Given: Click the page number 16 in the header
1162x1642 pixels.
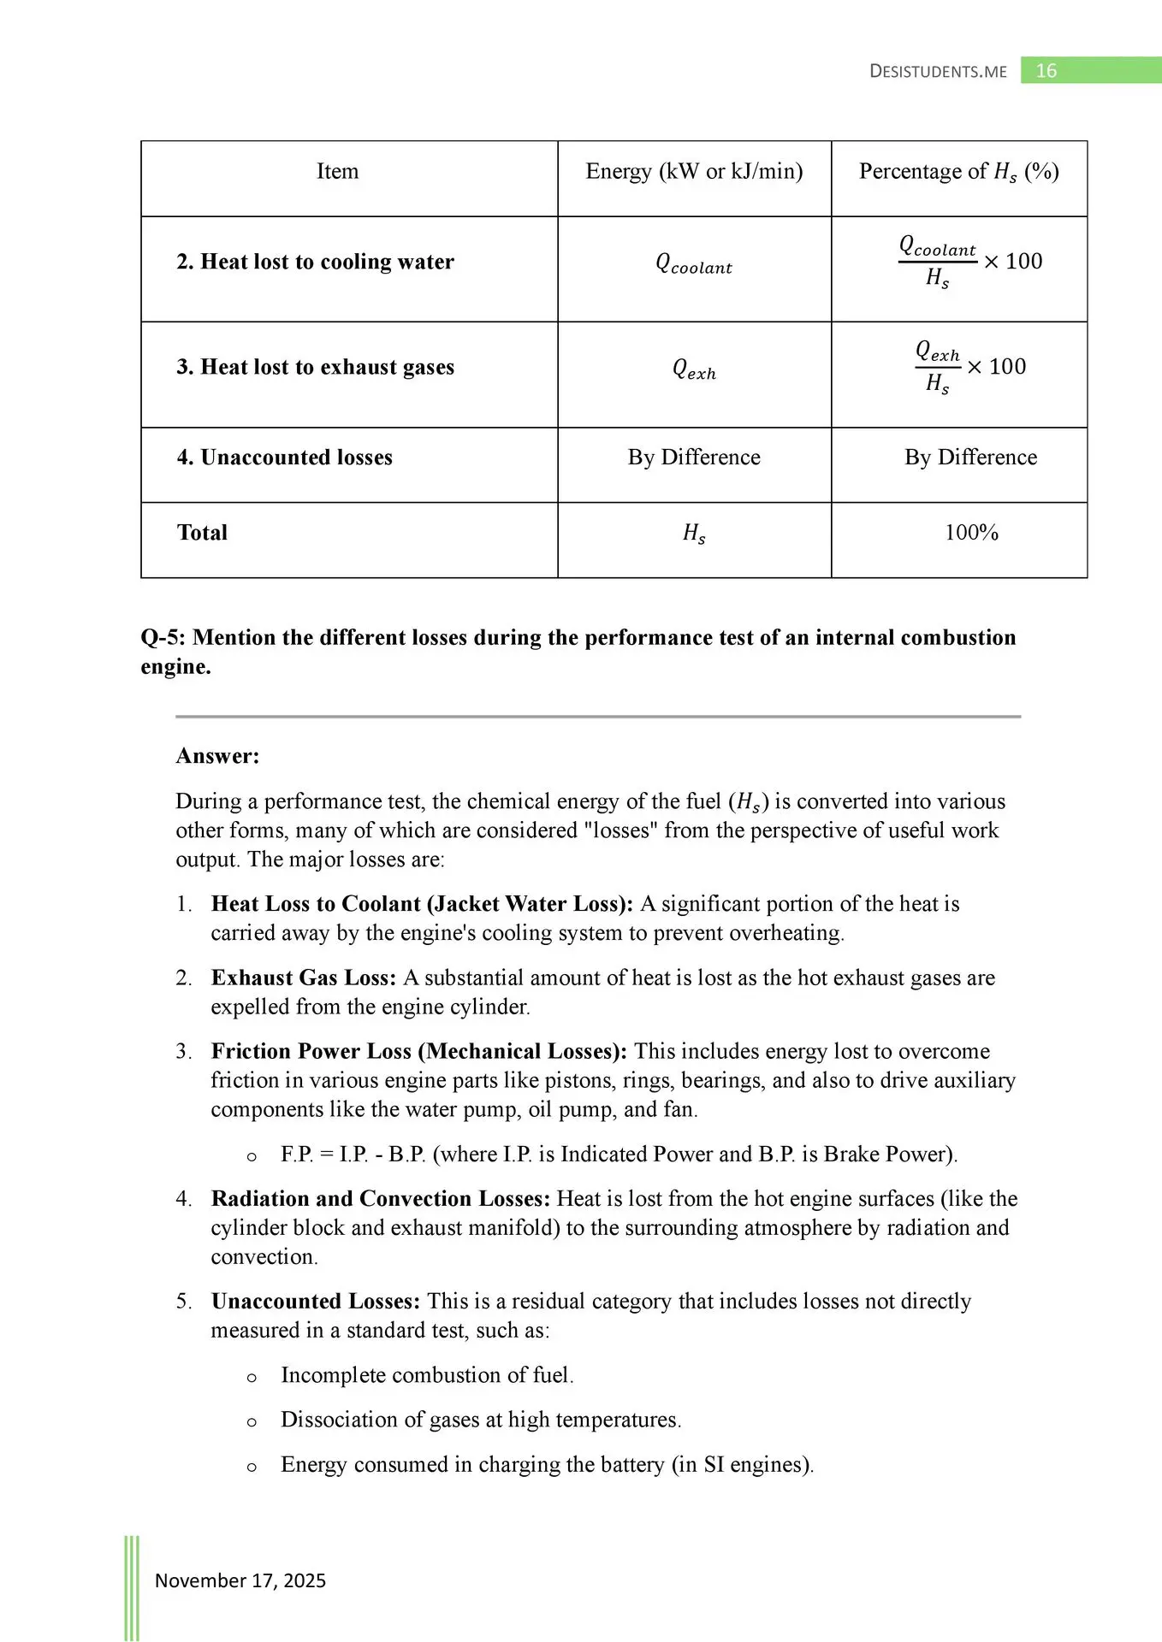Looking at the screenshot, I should point(1046,71).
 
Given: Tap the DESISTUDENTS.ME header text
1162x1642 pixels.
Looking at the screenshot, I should point(938,72).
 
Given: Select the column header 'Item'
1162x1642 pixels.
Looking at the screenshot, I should point(338,172).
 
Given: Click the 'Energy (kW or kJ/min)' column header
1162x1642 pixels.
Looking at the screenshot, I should point(694,172).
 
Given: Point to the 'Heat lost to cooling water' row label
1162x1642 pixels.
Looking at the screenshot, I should point(315,262).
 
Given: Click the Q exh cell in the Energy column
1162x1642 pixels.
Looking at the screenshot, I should point(694,369).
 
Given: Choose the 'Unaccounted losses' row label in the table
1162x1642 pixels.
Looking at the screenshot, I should point(284,458).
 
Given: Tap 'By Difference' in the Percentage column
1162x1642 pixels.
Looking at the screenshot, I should point(970,458).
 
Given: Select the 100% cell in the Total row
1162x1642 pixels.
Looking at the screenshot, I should point(971,533).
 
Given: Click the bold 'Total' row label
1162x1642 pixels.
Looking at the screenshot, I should point(202,533).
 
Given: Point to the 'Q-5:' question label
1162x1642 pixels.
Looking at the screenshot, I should point(164,638).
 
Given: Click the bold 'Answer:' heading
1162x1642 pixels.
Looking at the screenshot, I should point(217,756).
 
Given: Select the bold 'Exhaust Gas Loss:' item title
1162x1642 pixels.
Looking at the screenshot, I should point(304,978).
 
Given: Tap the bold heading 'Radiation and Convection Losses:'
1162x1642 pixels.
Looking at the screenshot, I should point(381,1198).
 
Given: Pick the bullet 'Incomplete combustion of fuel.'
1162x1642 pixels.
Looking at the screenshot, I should point(427,1375).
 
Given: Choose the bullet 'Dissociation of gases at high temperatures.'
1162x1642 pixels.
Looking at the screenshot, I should point(481,1420).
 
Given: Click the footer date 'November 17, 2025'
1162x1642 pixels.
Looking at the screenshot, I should point(240,1580).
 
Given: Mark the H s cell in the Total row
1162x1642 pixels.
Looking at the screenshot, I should point(694,534).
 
